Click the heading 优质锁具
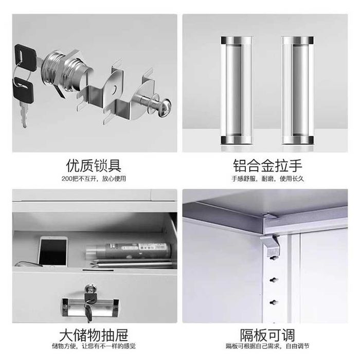[x=94, y=166]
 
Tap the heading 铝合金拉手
[x=267, y=166]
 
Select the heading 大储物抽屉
[x=94, y=335]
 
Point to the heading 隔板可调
[x=267, y=335]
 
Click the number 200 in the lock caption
[x=67, y=178]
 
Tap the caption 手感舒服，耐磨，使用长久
[x=268, y=178]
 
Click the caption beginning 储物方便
[x=94, y=346]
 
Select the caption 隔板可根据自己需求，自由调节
[x=267, y=346]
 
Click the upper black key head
[x=25, y=58]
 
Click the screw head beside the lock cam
[x=165, y=108]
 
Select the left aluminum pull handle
[x=237, y=90]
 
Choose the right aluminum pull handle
[x=298, y=90]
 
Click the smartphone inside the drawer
[x=53, y=252]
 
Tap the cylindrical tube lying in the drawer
[x=129, y=251]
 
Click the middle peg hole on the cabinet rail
[x=274, y=280]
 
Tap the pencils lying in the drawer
[x=132, y=263]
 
